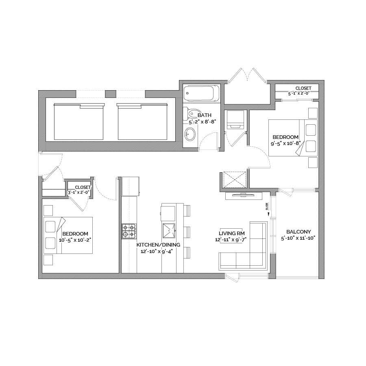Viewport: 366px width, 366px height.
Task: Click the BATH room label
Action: [x=204, y=115]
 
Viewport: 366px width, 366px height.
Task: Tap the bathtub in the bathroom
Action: [x=201, y=93]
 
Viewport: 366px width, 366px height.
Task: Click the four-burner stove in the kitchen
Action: [x=129, y=231]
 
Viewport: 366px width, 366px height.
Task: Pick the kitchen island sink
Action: [x=169, y=230]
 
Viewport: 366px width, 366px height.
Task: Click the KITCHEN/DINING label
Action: [x=158, y=245]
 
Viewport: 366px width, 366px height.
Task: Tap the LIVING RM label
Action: [x=232, y=233]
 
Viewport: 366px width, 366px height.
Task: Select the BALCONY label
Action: [x=298, y=232]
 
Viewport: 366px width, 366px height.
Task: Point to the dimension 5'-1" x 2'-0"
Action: [x=299, y=93]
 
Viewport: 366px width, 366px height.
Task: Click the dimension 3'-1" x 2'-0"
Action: [x=78, y=193]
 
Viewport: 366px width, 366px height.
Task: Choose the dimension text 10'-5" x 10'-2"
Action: [x=75, y=240]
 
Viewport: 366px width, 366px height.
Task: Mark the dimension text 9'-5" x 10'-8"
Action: [x=285, y=143]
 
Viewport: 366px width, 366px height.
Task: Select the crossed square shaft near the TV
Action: [x=235, y=180]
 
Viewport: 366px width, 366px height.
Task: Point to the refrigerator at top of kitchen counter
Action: [x=131, y=186]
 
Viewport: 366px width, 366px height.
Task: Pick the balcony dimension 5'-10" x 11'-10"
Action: [x=298, y=238]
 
